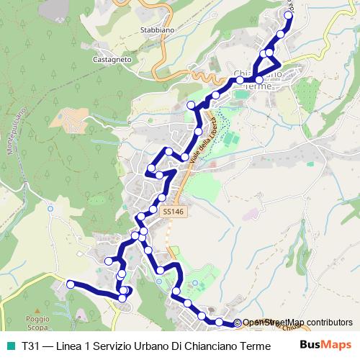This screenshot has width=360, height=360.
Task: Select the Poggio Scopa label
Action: click(x=37, y=321)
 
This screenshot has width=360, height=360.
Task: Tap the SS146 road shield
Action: click(x=173, y=212)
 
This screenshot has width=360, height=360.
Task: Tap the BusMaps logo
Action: click(x=325, y=344)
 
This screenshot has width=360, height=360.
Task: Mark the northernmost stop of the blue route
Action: click(x=289, y=14)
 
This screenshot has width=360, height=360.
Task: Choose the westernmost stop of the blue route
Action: click(x=71, y=284)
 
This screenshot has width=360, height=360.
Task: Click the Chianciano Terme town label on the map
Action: click(x=258, y=79)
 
